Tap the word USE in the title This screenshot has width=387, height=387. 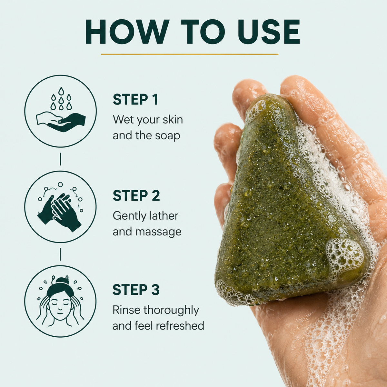[269, 32]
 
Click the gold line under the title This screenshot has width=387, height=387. [190, 54]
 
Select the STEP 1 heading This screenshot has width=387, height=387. [135, 99]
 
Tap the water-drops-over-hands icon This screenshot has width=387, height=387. [60, 111]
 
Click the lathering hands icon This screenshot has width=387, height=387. [60, 207]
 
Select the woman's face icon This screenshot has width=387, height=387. [60, 301]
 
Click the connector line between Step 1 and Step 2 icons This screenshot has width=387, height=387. [60, 159]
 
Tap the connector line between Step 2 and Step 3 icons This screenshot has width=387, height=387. [60, 254]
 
